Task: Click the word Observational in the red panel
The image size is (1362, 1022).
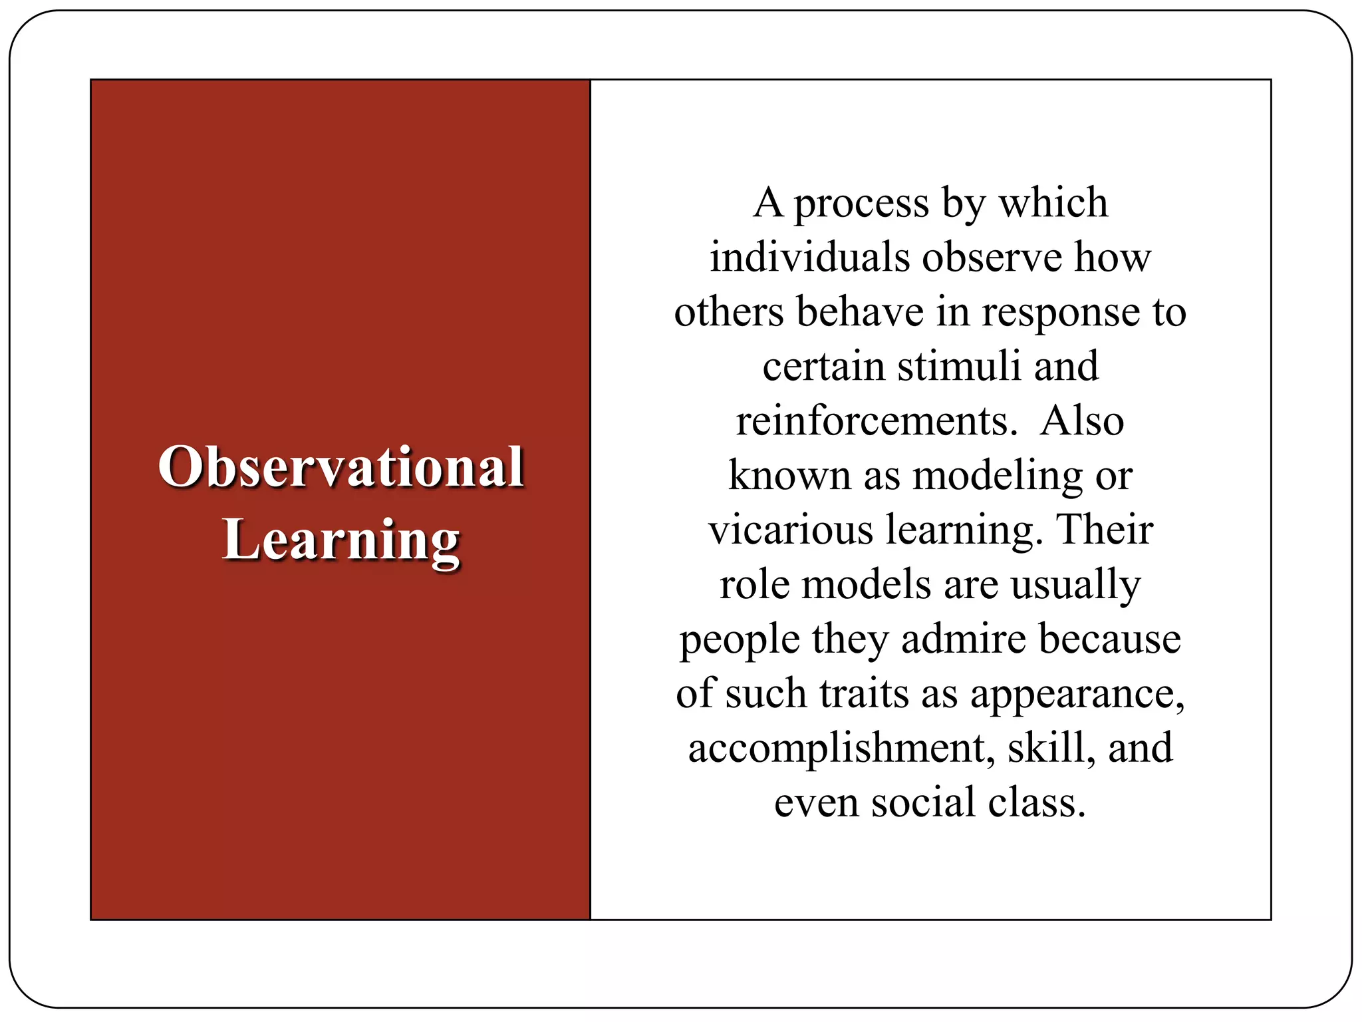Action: point(341,467)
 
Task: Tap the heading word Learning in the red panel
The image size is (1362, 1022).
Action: point(341,540)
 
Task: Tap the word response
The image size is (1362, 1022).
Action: point(1061,314)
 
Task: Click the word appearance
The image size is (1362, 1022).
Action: point(1077,695)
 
